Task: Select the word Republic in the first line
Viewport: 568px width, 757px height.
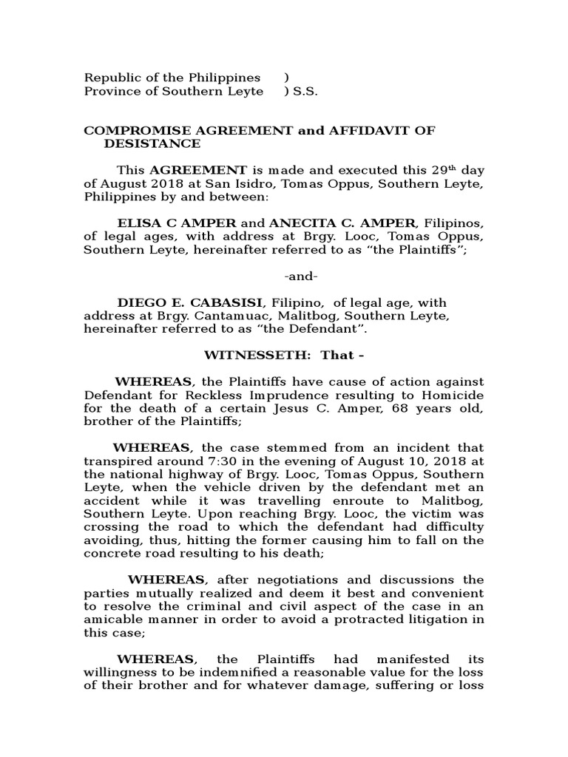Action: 110,78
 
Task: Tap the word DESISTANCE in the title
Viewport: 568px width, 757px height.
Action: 152,143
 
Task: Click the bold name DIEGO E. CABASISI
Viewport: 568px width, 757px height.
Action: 191,303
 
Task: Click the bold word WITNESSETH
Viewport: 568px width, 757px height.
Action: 248,356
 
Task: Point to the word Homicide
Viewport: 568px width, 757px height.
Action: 456,396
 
